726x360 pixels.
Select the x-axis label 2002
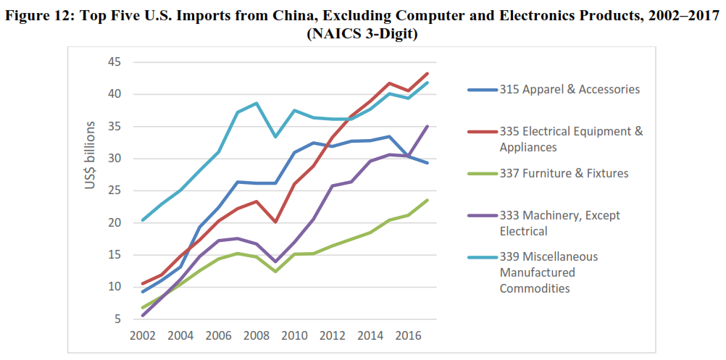[143, 337]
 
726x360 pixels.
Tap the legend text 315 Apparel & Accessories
[569, 90]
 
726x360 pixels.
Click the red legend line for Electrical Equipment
[482, 132]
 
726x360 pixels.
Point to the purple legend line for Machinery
[482, 216]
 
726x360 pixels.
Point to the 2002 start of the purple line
[143, 315]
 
